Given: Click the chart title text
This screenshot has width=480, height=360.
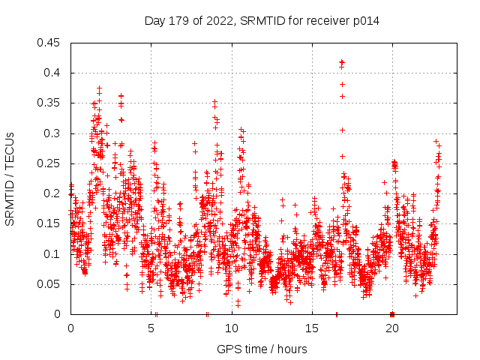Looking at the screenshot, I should click(x=262, y=21).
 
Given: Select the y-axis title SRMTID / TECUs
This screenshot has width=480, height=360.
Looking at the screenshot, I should click(x=10, y=178).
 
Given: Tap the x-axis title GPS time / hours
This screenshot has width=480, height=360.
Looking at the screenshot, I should click(x=262, y=349).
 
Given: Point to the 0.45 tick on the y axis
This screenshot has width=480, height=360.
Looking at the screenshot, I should click(x=50, y=43).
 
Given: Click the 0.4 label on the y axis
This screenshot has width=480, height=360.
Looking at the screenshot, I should click(x=53, y=73).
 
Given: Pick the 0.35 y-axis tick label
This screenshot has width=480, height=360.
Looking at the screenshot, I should click(x=50, y=103).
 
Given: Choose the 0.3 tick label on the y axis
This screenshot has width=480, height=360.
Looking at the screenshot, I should click(x=53, y=133).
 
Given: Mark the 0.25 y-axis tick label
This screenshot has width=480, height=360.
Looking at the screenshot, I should click(x=50, y=163).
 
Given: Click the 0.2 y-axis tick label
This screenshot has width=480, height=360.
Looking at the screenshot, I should click(x=53, y=193).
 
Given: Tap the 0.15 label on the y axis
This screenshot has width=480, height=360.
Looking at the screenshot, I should click(x=50, y=223).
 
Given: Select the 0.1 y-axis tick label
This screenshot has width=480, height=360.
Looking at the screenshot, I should click(x=53, y=254).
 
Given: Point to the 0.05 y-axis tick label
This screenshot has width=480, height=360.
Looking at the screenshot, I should click(x=50, y=284).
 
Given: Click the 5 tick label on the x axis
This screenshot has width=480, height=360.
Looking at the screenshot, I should click(x=151, y=328).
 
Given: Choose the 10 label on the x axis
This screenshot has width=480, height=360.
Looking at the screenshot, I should click(x=232, y=328).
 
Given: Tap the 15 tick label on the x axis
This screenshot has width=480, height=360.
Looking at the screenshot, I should click(x=312, y=328).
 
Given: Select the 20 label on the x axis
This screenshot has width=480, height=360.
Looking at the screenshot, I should click(x=392, y=328).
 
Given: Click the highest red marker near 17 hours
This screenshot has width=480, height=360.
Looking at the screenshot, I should click(x=342, y=62).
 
